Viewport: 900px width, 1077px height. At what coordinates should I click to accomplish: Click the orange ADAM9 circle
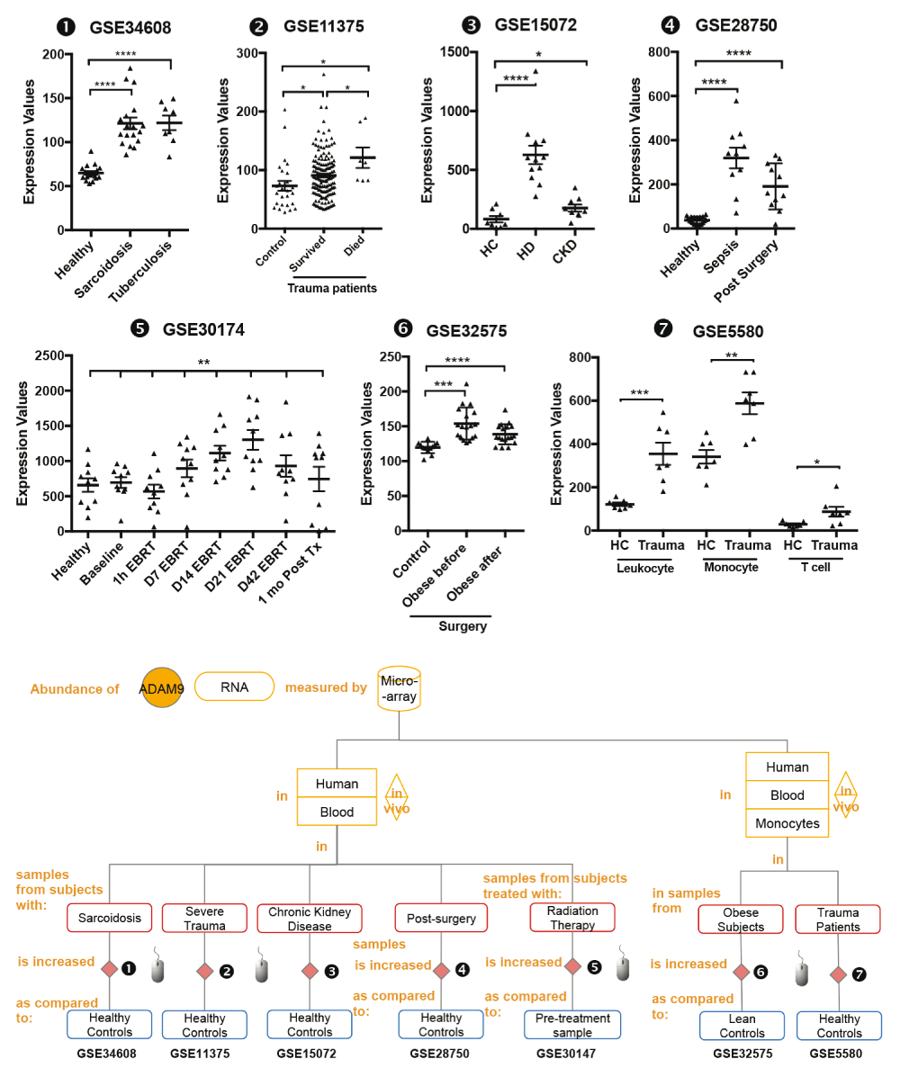(x=161, y=687)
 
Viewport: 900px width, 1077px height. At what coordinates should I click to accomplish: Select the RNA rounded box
(x=234, y=687)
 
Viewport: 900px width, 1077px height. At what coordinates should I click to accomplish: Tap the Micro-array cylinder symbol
(x=400, y=688)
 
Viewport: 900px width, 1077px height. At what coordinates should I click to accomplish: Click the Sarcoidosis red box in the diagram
(x=109, y=918)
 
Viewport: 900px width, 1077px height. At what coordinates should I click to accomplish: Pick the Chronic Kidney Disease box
(x=310, y=919)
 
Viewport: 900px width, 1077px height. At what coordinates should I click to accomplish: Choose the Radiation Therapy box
(x=572, y=918)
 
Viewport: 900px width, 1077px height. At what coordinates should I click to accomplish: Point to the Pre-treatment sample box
(x=572, y=1025)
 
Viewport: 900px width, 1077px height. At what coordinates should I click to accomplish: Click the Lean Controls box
(x=742, y=1027)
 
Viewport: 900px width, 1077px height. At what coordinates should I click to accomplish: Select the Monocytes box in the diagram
(x=787, y=823)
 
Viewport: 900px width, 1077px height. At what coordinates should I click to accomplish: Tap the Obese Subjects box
(x=741, y=919)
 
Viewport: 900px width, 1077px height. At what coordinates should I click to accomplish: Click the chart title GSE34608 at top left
(x=130, y=28)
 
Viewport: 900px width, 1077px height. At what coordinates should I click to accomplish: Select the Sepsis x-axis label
(x=721, y=256)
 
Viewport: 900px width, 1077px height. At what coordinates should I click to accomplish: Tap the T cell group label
(x=815, y=568)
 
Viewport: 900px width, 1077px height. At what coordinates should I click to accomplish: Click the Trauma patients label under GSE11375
(x=332, y=289)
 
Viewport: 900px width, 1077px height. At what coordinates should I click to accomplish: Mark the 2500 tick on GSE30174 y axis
(x=49, y=355)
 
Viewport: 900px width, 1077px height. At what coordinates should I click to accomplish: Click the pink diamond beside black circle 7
(x=838, y=974)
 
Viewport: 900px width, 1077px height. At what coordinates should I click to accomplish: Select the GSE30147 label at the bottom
(x=566, y=1054)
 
